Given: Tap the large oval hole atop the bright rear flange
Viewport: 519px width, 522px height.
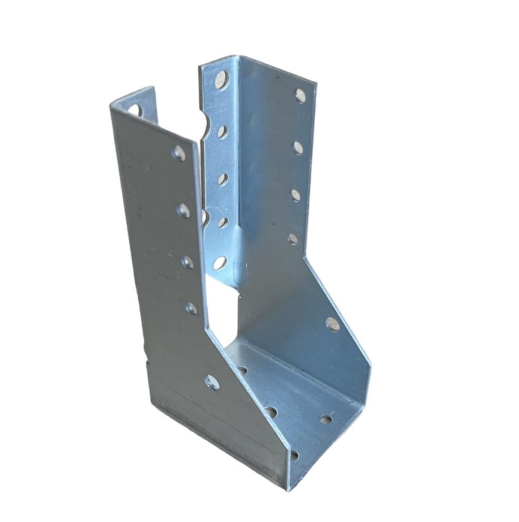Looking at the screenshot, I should point(222,79).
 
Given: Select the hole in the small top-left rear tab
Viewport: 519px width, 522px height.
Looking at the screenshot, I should point(134,110).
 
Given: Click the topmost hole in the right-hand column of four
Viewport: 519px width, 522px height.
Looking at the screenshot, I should point(301,95).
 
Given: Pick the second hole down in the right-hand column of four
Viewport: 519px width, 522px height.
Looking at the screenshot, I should point(298,147).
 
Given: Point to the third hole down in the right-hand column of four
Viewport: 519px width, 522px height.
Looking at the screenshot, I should point(295,195).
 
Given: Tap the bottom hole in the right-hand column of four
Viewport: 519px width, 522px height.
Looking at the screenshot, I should point(293,239).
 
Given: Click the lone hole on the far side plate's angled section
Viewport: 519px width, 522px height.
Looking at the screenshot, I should point(333,324).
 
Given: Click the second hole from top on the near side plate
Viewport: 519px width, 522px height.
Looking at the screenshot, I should point(183,210).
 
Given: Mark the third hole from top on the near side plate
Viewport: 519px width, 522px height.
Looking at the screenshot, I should point(188,262).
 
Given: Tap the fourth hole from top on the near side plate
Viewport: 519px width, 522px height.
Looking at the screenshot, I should point(191,308).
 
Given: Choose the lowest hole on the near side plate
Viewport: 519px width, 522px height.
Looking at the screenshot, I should point(212,382).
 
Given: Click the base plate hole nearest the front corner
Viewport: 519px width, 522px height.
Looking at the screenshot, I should point(294,454).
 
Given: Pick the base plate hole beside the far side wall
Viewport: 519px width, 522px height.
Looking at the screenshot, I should point(326,419).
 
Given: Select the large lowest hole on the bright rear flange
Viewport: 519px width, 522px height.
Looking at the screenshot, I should point(220,263).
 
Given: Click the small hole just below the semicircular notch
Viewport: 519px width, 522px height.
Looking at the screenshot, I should point(222,132).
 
